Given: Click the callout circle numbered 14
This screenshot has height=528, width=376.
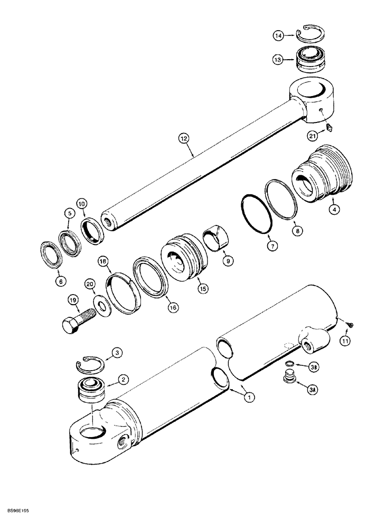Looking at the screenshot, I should coord(278,35).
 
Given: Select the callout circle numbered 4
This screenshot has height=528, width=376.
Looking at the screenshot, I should coord(334,209).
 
